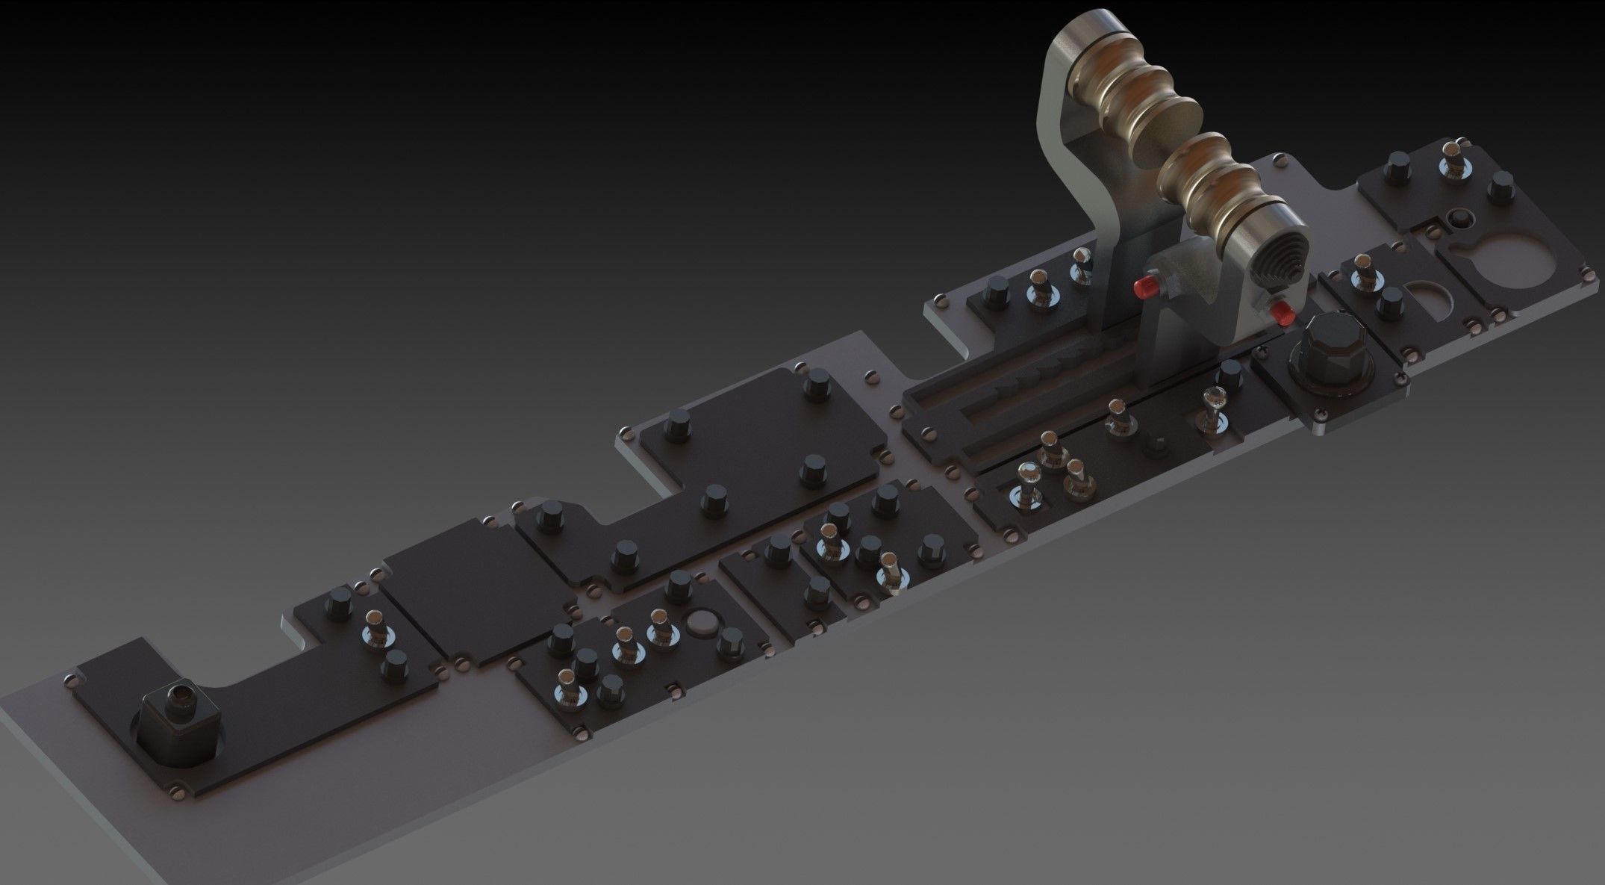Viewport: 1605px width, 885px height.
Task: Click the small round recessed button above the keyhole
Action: click(1456, 219)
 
